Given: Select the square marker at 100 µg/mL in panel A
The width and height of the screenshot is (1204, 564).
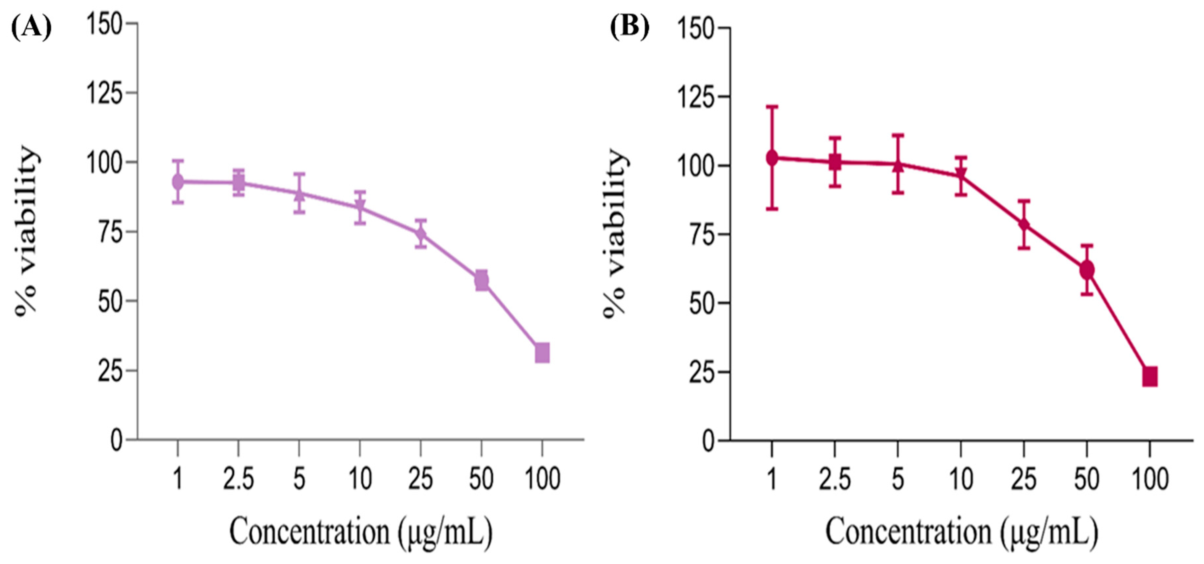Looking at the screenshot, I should (x=542, y=353).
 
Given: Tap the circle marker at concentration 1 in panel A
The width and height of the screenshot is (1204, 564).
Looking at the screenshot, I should (x=178, y=182).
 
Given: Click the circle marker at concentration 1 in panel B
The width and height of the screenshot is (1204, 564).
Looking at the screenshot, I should (x=772, y=158).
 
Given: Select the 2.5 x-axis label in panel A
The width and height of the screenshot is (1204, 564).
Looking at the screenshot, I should (x=238, y=479).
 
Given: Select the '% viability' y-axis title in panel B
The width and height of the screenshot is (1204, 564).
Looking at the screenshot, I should (x=616, y=234).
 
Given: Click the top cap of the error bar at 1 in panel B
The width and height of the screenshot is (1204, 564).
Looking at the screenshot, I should (x=772, y=107).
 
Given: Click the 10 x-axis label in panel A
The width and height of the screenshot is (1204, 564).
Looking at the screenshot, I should (x=360, y=479).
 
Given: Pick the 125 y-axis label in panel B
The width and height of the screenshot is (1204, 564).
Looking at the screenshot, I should (x=696, y=97).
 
